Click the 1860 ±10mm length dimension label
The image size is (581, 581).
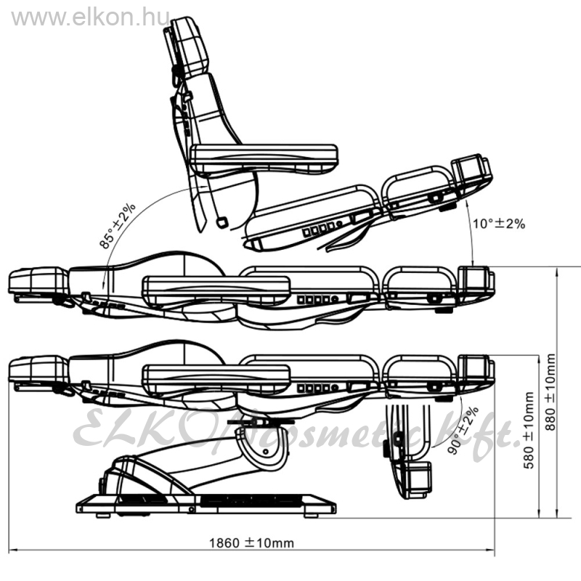point(251,543)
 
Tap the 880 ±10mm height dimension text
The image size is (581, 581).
point(550,392)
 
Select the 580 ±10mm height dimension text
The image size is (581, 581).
point(529,430)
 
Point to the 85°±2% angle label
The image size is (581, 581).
point(117,226)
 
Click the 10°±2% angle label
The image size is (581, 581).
point(499,224)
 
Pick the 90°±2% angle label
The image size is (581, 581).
point(463,430)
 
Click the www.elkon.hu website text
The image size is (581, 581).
point(91,17)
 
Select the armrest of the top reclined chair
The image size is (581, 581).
point(264,159)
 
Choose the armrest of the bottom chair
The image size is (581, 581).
point(216,380)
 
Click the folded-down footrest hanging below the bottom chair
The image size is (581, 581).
point(410,451)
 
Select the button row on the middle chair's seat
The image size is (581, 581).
point(318,299)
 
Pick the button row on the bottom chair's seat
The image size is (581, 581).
point(318,388)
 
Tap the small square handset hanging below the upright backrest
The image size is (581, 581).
point(222,222)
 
